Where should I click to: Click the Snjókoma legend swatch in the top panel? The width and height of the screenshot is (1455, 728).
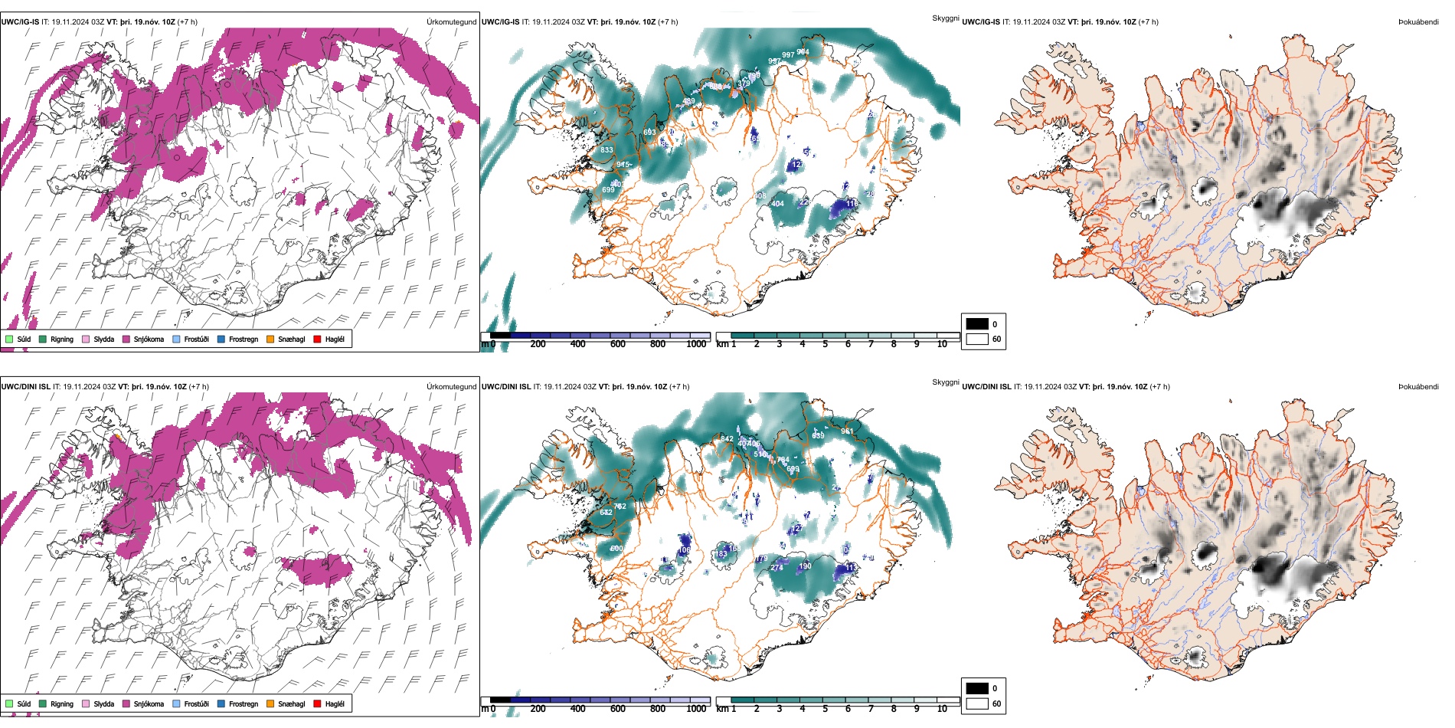pos(126,339)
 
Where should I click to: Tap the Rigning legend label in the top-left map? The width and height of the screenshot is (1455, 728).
pos(62,339)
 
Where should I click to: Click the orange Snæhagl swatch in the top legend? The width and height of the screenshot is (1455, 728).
pos(270,339)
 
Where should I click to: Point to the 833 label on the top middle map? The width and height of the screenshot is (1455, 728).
pos(607,150)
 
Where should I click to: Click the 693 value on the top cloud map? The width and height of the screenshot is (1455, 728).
pos(649,133)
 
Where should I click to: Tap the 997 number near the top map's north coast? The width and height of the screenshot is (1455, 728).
pos(787,55)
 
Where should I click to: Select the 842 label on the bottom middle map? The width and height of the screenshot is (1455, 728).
pos(727,439)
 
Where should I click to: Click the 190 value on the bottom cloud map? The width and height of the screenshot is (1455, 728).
pos(805,566)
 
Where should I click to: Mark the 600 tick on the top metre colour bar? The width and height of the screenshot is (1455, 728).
pos(618,344)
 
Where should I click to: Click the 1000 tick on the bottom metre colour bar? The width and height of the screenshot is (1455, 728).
pos(696,709)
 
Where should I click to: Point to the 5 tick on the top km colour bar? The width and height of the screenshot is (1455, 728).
pos(825,344)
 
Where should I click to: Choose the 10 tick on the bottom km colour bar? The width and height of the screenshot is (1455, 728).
pos(942,709)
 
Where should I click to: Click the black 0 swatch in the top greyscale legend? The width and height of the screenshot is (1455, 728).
pos(977,324)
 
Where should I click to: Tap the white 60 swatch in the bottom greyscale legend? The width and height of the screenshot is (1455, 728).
pos(977,703)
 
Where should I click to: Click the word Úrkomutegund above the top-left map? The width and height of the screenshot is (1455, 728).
pos(451,22)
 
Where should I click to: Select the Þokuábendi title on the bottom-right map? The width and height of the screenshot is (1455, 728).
pos(1418,387)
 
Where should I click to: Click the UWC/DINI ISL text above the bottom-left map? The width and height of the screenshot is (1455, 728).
pos(25,387)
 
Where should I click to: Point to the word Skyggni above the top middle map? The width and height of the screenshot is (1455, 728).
pos(945,18)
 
